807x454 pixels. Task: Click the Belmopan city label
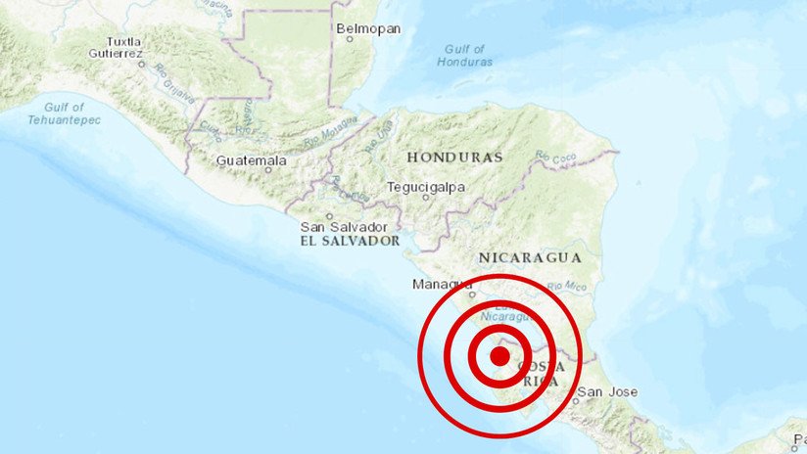point(368,28)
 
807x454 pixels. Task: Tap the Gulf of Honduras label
point(464,55)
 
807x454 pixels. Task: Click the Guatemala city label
point(251,159)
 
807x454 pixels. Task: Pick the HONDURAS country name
point(454,157)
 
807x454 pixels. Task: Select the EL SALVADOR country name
point(350,241)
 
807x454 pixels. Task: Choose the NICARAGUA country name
point(530,257)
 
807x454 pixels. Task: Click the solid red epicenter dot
point(498,356)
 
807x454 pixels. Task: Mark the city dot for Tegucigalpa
point(425,197)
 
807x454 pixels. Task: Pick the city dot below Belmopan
point(361,42)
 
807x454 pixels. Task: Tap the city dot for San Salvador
point(330,217)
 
